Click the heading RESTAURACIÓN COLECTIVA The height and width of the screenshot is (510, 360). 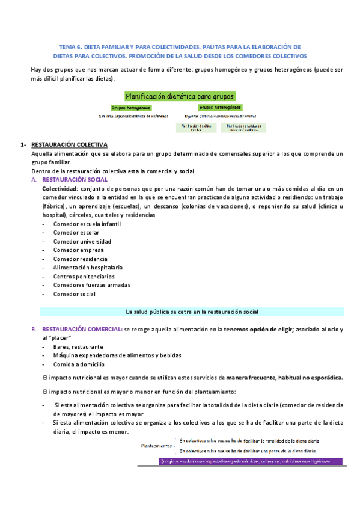point(69,145)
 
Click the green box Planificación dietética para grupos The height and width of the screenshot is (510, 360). point(180,96)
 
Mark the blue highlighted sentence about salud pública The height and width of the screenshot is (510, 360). point(192,312)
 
